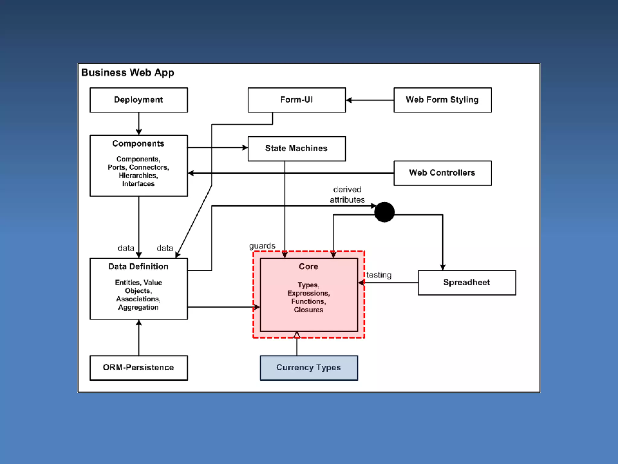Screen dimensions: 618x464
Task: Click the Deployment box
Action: tap(139, 100)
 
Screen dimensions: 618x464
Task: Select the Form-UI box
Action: tap(297, 100)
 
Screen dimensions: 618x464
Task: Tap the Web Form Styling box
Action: tap(442, 100)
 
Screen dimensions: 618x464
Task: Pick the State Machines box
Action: tap(297, 149)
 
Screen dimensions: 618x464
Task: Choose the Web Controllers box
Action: tap(442, 173)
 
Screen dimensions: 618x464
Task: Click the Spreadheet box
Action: tap(467, 282)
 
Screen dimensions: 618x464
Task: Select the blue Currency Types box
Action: tap(309, 368)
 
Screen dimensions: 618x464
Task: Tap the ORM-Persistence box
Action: tap(139, 368)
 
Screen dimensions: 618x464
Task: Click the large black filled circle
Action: tap(384, 212)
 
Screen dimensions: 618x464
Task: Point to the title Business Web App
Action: tap(128, 73)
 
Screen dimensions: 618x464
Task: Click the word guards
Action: tap(262, 246)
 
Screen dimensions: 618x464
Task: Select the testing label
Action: tap(379, 275)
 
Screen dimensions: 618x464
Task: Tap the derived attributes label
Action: tap(347, 195)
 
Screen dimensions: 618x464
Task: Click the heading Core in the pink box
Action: tap(308, 266)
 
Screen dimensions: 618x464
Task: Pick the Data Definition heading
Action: tap(138, 266)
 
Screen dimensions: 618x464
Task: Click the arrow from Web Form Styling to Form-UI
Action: tap(370, 100)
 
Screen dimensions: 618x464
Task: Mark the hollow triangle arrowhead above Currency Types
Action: tap(297, 335)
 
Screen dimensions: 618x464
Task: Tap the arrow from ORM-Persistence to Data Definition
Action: tap(139, 337)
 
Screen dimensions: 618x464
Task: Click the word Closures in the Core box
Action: tap(308, 310)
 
